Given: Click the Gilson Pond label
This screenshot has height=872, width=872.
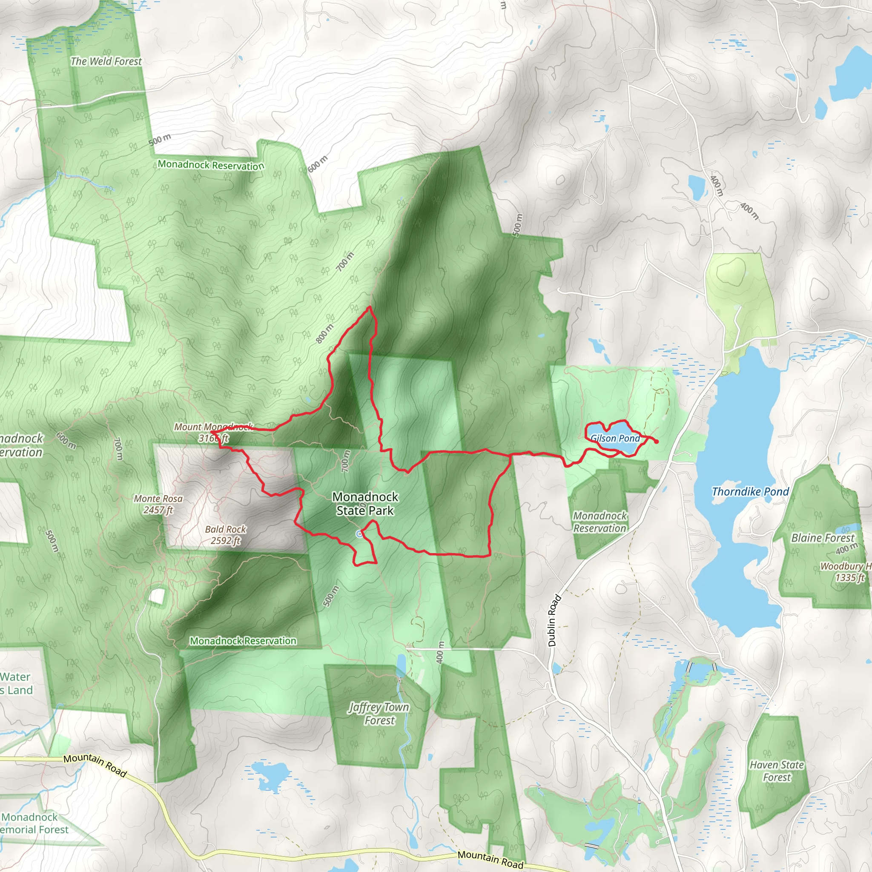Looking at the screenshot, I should (615, 438).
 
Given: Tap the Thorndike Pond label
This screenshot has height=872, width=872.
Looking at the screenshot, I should (750, 491).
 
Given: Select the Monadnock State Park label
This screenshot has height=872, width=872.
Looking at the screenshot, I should (365, 504).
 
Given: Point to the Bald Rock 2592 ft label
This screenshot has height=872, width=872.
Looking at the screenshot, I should (226, 535).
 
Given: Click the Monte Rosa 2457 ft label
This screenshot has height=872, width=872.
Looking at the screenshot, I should (158, 504).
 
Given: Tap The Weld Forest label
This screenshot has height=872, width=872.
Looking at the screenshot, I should (106, 61).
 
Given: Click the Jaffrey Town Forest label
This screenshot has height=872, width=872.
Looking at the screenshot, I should (379, 714).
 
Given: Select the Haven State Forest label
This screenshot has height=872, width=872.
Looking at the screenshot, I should (777, 771).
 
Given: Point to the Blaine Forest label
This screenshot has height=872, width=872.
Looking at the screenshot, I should (823, 538).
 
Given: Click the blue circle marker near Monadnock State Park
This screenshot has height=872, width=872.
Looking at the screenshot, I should (359, 534).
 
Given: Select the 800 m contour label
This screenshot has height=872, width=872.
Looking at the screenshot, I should (324, 333).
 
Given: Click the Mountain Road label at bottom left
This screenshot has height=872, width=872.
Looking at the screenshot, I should (95, 765).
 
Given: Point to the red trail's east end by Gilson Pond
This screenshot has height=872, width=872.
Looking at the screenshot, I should (656, 442).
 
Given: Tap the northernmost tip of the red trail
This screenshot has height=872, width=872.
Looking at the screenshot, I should (370, 307).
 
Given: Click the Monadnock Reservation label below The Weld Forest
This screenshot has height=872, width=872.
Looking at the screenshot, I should (211, 165).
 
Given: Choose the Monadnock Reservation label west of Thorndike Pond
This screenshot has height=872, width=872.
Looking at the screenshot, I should (600, 522).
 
